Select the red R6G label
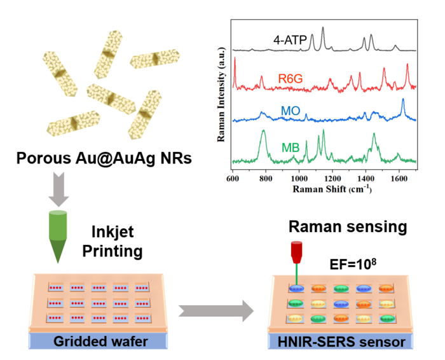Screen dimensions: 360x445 tap(290, 78)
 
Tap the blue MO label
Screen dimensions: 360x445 tap(290, 112)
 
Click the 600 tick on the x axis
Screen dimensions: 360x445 tap(233, 179)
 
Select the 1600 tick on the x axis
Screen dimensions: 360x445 tap(399, 179)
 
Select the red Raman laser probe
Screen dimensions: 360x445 tap(296, 252)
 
